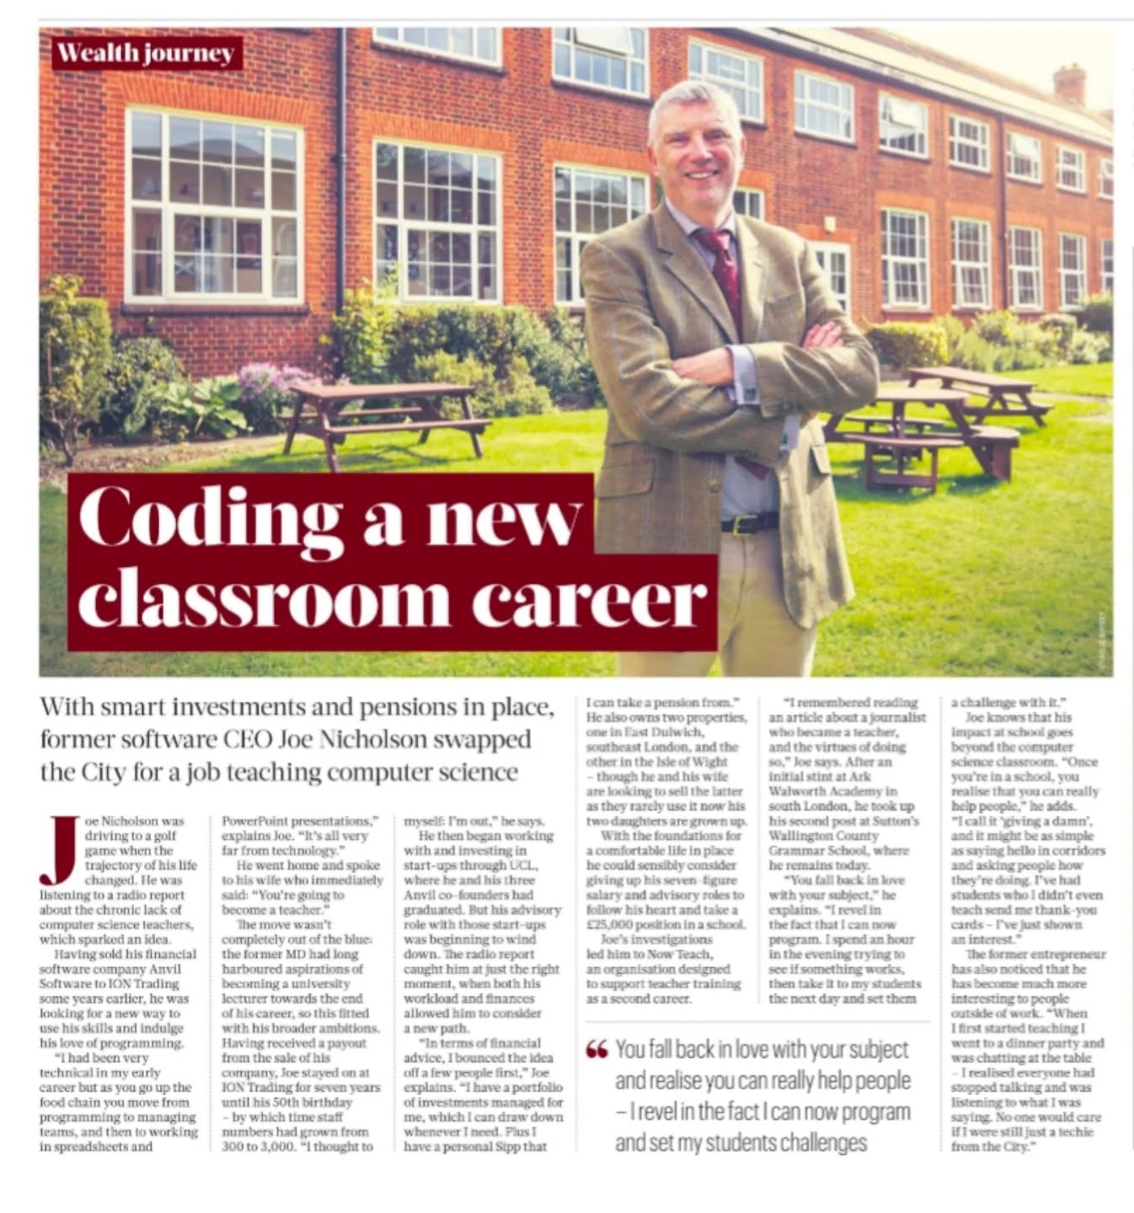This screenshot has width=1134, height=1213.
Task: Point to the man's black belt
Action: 749,523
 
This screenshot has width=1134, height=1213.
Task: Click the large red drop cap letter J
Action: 58,850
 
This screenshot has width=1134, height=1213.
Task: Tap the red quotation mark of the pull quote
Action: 596,1050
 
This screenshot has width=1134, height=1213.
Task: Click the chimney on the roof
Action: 1069,84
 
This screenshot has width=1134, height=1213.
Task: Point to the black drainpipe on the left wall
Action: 340,160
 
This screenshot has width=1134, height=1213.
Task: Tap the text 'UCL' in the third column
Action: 520,865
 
